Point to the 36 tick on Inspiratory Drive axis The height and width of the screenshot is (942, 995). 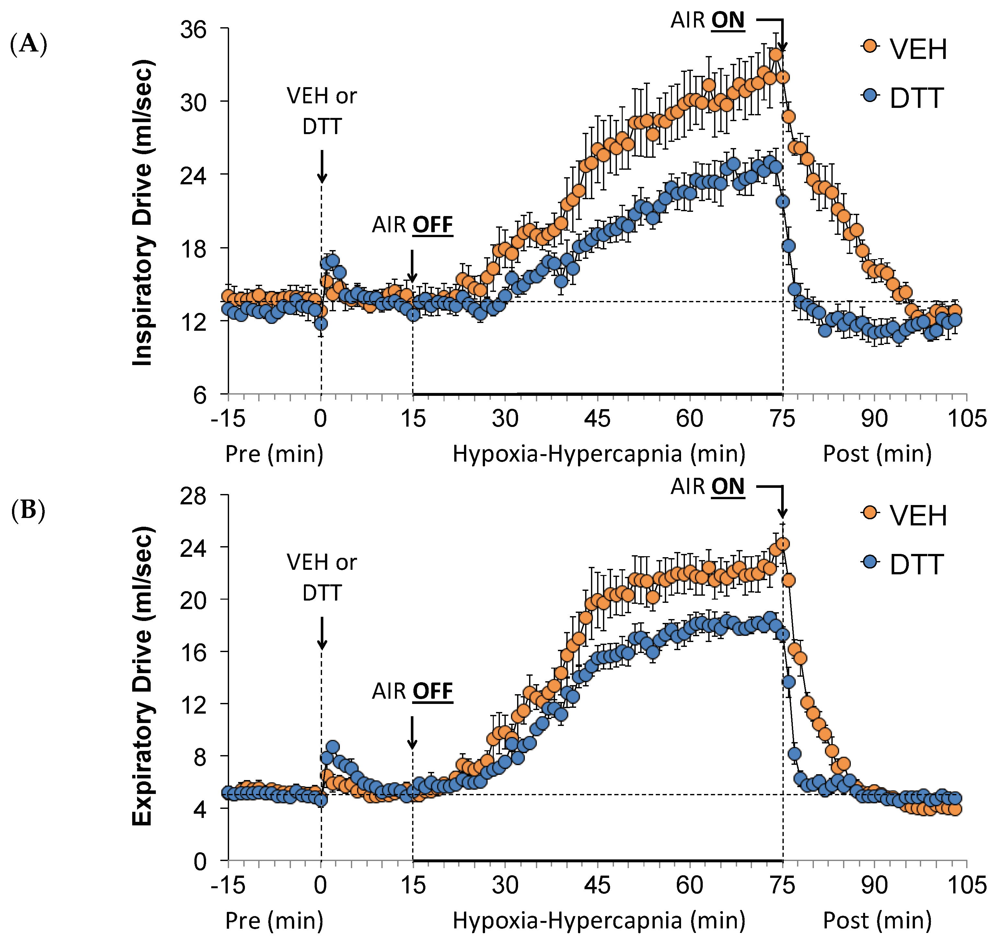click(x=193, y=29)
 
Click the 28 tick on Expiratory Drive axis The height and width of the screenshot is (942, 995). click(x=193, y=496)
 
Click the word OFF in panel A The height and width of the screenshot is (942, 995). click(x=433, y=225)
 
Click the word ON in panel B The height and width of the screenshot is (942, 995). click(x=728, y=487)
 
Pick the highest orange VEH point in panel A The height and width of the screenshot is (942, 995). click(x=776, y=55)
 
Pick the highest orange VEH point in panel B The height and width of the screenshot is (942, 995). click(x=782, y=544)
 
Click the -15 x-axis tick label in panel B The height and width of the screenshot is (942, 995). click(x=228, y=885)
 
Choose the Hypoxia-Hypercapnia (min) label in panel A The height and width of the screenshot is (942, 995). click(x=599, y=454)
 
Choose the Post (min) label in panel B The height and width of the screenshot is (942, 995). click(x=877, y=920)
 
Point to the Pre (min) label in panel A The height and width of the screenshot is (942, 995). click(x=274, y=454)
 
